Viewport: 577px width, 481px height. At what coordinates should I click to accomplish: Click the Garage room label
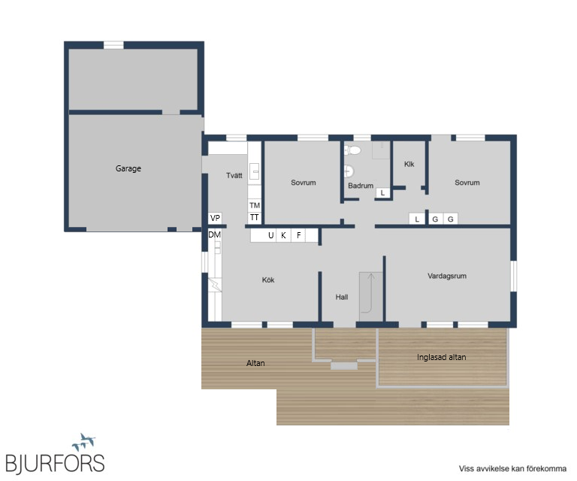pyautogui.click(x=128, y=168)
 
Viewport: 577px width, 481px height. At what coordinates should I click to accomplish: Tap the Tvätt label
pyautogui.click(x=234, y=175)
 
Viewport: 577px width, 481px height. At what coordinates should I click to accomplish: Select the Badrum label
pyautogui.click(x=361, y=186)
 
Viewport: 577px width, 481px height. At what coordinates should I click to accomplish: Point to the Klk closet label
pyautogui.click(x=409, y=164)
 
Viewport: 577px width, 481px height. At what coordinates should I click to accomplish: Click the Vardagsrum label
pyautogui.click(x=447, y=276)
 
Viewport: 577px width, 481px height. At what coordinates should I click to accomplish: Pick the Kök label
pyautogui.click(x=268, y=280)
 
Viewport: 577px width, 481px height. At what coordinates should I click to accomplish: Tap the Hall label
pyautogui.click(x=342, y=297)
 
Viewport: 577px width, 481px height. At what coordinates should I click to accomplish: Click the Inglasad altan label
pyautogui.click(x=441, y=357)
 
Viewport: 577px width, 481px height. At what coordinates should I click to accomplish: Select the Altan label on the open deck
pyautogui.click(x=255, y=363)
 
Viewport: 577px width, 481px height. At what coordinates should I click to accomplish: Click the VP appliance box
pyautogui.click(x=215, y=218)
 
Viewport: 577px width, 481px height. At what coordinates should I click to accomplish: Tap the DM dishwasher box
pyautogui.click(x=215, y=234)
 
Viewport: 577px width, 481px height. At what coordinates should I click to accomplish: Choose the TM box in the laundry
pyautogui.click(x=254, y=205)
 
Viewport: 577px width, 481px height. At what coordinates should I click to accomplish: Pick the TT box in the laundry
pyautogui.click(x=254, y=217)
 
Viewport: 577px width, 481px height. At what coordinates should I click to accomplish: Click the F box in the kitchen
pyautogui.click(x=298, y=235)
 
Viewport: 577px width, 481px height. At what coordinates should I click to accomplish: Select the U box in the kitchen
pyautogui.click(x=270, y=235)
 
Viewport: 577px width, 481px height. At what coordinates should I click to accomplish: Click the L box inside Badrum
pyautogui.click(x=382, y=192)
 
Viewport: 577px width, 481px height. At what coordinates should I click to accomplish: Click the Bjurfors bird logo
pyautogui.click(x=84, y=443)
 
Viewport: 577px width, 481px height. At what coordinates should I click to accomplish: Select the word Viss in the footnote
pyautogui.click(x=467, y=468)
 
